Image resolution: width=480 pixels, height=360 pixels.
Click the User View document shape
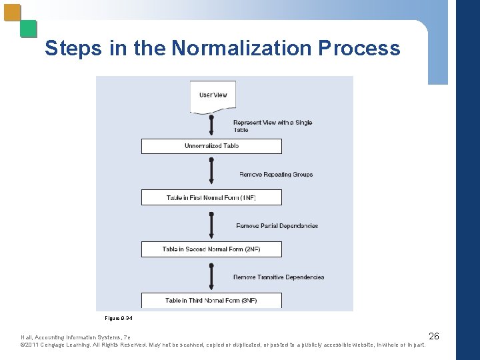(213, 97)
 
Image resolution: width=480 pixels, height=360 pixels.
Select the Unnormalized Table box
(211, 146)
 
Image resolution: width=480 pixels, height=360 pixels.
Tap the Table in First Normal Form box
(211, 197)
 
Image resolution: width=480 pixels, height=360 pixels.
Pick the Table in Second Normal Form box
(211, 249)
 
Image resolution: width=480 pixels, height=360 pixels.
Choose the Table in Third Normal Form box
(211, 301)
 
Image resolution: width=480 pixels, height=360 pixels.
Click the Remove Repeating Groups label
(276, 175)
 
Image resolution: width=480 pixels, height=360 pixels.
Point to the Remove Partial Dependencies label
(277, 226)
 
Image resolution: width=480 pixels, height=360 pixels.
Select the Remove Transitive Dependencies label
(279, 277)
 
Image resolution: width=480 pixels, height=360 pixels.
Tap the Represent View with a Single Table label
(272, 126)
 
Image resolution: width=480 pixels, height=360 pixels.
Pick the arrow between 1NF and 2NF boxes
(211, 224)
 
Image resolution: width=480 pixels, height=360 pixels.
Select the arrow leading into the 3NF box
(211, 275)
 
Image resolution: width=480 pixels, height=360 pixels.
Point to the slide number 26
(433, 336)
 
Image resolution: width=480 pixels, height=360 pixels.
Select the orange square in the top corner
(13, 13)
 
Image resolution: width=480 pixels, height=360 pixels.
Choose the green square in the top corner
(28, 29)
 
